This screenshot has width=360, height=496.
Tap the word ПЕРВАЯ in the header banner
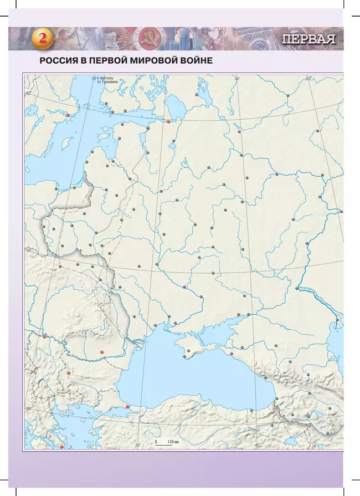(309, 39)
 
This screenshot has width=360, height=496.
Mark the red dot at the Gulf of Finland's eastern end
(168, 121)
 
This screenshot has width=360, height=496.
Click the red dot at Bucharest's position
(102, 352)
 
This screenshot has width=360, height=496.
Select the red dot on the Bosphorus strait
(127, 407)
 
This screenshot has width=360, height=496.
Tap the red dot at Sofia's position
(69, 373)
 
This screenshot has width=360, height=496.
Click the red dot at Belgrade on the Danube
(44, 335)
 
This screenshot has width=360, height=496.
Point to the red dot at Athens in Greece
(62, 447)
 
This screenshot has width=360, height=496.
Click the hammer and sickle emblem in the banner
(149, 38)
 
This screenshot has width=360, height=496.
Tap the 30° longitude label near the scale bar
(138, 445)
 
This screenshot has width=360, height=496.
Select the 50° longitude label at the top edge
(308, 79)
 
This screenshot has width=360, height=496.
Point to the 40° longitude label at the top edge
(236, 79)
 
